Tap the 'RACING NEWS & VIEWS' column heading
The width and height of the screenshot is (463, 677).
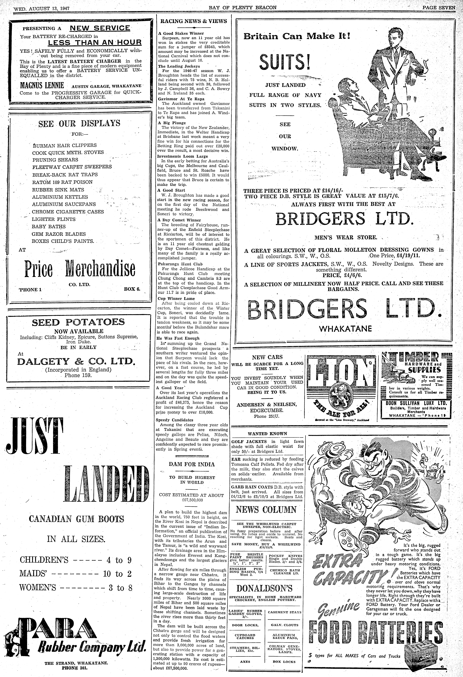point(194,21)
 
